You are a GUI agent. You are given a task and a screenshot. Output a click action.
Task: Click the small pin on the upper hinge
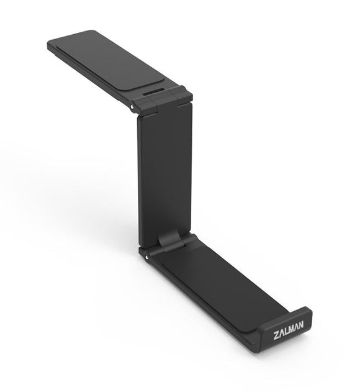point(133,106)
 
